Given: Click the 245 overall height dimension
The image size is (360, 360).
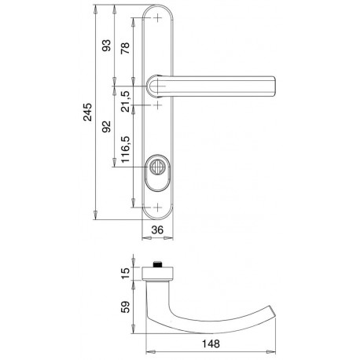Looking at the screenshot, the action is pos(88,112).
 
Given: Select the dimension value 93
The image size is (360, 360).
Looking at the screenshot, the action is pos(106,46).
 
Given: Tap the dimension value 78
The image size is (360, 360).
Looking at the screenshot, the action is pos(125,48).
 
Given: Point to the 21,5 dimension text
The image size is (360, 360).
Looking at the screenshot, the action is pos(126,101).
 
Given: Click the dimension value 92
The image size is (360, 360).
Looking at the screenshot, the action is pos(106,127).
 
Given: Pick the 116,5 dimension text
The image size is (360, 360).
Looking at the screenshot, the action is pos(126,149).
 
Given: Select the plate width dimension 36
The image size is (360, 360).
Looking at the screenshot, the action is pos(157,230).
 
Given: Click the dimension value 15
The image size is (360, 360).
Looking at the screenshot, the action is pos(126,274).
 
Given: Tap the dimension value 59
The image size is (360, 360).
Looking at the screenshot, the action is pos(126,307).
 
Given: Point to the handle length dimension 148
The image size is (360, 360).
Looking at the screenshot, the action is pos(211,343).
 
